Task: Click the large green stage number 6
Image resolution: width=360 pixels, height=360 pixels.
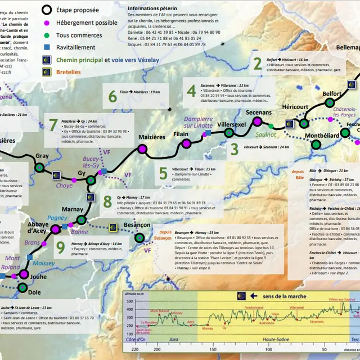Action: click(x=112, y=96)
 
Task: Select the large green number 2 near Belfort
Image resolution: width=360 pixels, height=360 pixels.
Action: click(x=256, y=64)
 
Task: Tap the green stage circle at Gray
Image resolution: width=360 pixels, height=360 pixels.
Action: click(x=39, y=167)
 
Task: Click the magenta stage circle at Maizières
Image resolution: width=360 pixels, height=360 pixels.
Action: click(x=141, y=149)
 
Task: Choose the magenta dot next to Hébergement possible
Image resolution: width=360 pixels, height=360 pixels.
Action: click(x=47, y=22)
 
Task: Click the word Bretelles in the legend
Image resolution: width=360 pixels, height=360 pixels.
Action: click(x=68, y=72)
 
